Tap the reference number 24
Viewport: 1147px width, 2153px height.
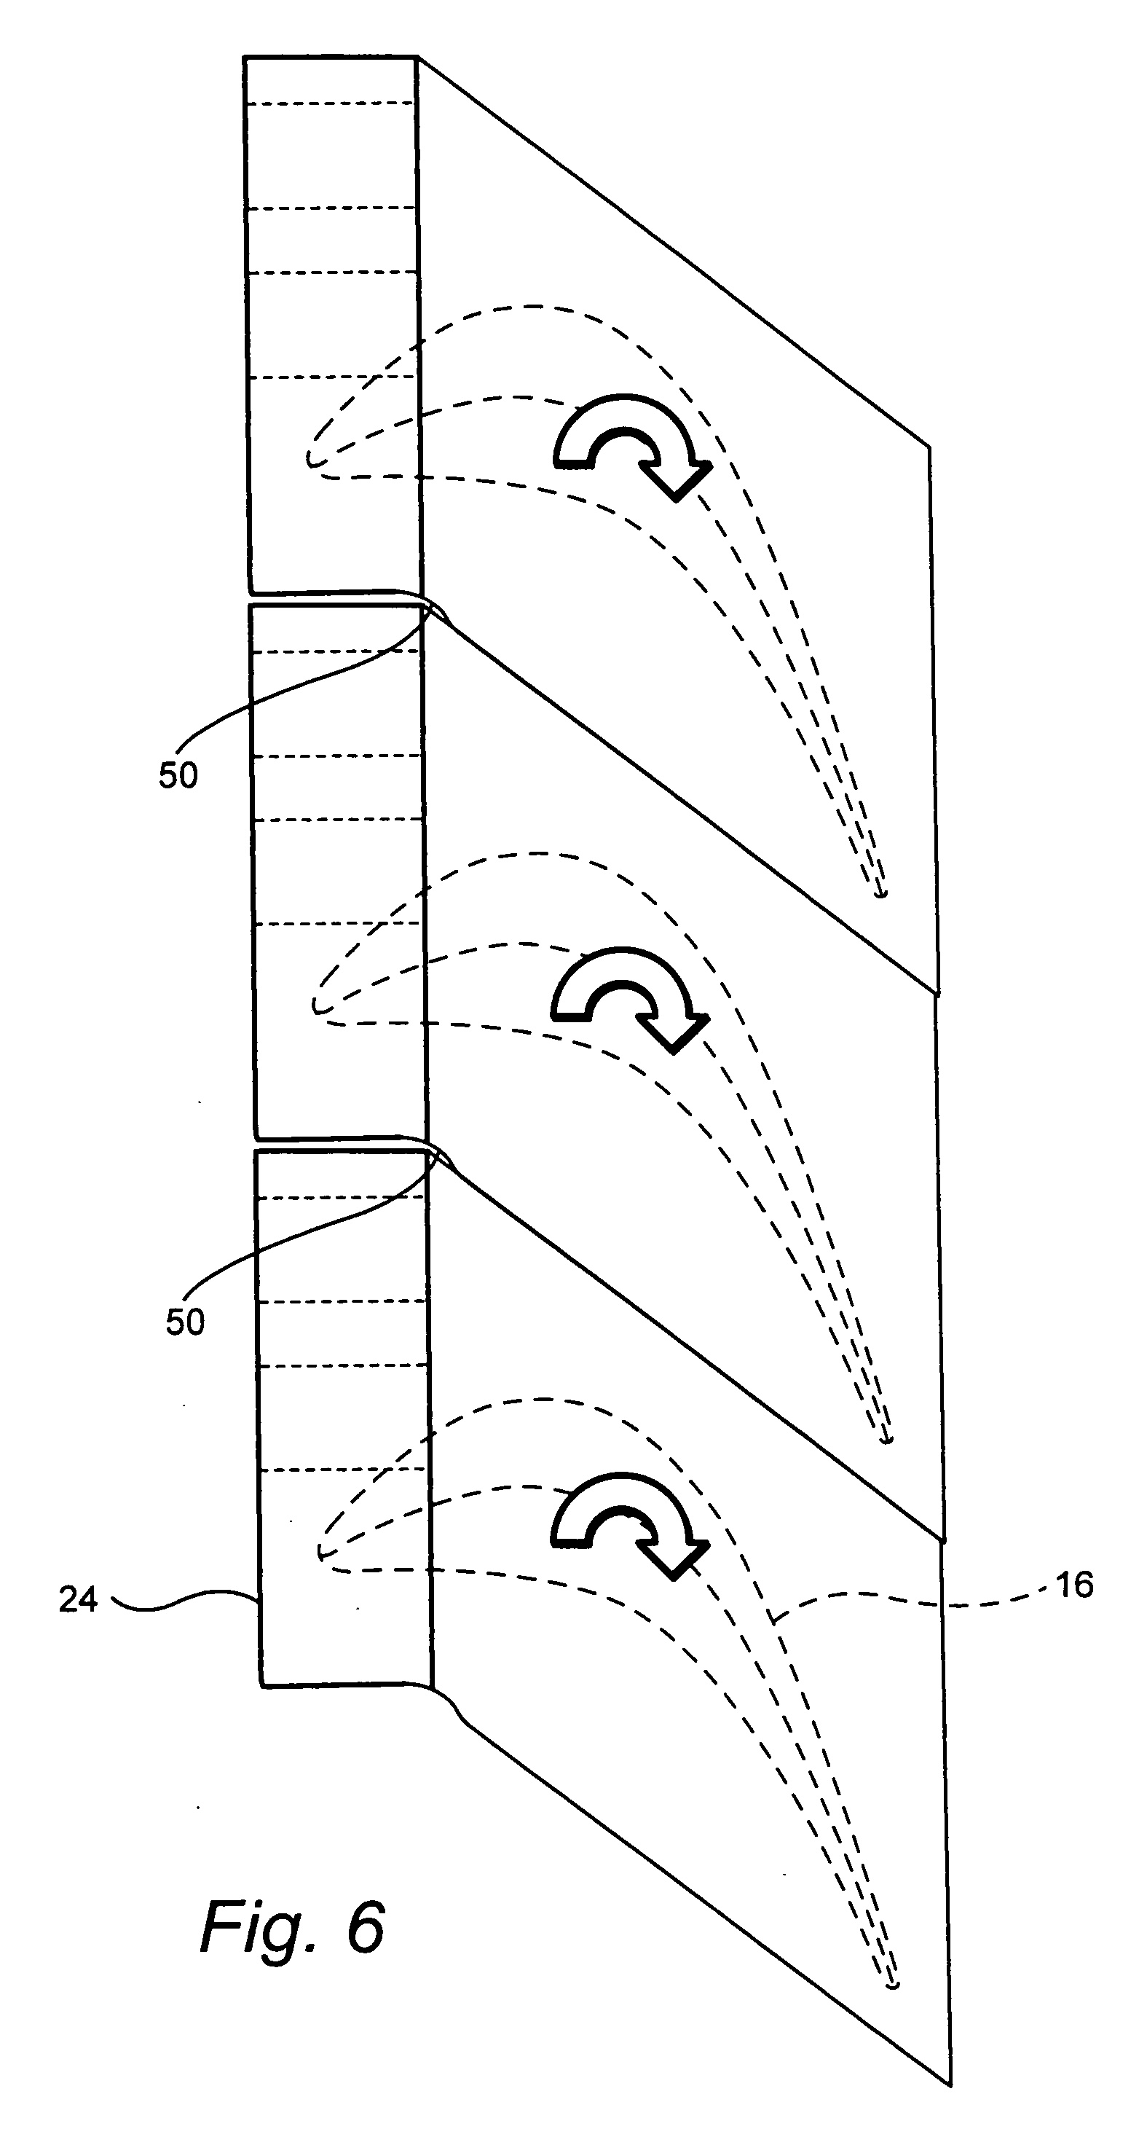point(78,1601)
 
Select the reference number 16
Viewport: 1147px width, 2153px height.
point(1074,1585)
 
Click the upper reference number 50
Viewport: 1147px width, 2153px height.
point(178,776)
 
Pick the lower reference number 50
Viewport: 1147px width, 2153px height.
point(185,1322)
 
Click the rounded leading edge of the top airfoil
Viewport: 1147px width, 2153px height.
point(311,459)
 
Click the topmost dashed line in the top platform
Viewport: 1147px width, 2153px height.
point(331,103)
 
